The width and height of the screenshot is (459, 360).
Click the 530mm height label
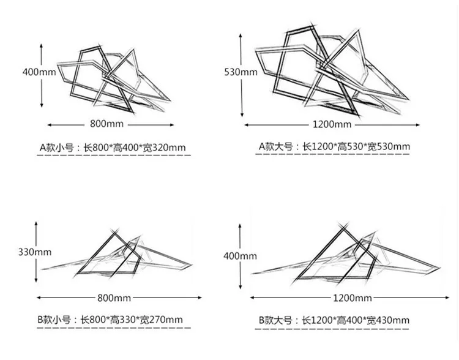[241, 72]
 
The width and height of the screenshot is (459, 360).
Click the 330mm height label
[35, 252]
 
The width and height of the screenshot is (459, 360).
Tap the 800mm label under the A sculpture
[106, 124]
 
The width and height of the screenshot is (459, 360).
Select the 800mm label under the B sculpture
[114, 298]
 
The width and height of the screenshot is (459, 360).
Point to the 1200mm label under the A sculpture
[332, 124]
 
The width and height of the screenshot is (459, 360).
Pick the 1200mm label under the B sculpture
[353, 298]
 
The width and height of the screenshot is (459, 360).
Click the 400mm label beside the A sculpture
[39, 72]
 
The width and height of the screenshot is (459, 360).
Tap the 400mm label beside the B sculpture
[240, 257]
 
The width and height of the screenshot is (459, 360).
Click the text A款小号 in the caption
[56, 148]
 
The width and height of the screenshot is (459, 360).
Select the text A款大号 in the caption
[275, 146]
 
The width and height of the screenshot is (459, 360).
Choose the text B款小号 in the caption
[54, 319]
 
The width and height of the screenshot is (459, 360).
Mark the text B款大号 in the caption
[275, 320]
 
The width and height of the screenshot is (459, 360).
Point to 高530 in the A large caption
[350, 146]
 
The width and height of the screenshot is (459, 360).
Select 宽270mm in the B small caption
[162, 319]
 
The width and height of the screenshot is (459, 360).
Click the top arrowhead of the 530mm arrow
[241, 36]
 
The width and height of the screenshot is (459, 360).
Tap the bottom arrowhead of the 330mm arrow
[36, 280]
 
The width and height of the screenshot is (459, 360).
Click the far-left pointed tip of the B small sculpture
[42, 269]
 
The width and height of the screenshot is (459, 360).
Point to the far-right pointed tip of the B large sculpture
[439, 268]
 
